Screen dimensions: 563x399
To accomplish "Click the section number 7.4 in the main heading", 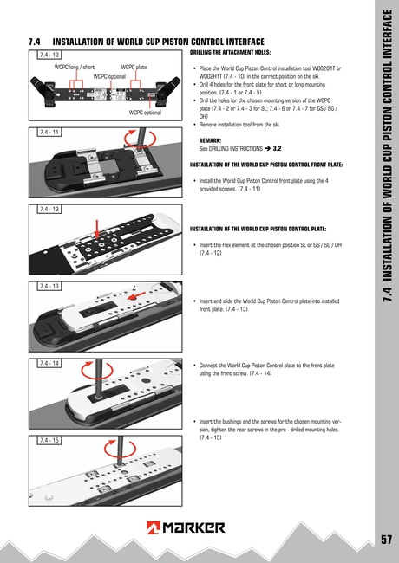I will coord(36,42).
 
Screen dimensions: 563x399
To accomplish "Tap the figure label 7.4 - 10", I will coord(48,55).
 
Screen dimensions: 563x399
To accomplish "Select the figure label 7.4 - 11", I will coord(48,133).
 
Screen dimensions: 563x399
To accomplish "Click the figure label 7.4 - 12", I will coord(48,209).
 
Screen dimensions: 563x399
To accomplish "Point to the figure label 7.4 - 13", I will coord(48,285).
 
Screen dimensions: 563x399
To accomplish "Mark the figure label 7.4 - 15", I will coord(48,440).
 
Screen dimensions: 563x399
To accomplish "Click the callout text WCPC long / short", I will coord(75,67).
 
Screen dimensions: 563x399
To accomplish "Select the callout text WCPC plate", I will coord(134,67).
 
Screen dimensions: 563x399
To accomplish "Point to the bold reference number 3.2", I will coord(277,148).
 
